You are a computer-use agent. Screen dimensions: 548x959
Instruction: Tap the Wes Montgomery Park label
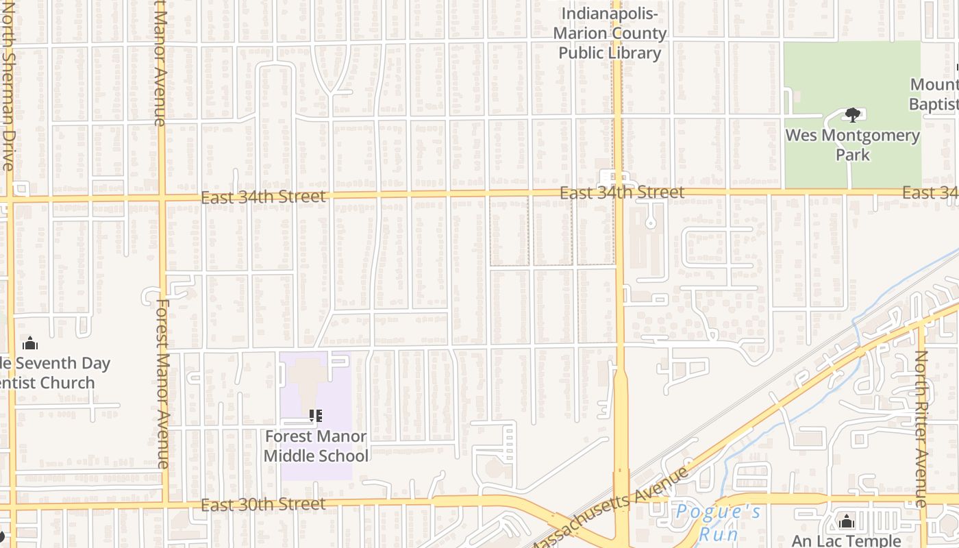(852, 145)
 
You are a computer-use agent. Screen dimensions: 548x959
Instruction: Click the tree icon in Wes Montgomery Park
(852, 114)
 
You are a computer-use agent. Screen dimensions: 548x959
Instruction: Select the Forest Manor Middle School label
(316, 446)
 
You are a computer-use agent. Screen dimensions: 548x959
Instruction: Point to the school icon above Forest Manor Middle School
(315, 415)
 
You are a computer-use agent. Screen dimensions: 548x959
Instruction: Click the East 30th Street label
(264, 504)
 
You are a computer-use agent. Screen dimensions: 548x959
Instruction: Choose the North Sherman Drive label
(8, 86)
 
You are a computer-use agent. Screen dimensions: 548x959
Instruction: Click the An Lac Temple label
(846, 540)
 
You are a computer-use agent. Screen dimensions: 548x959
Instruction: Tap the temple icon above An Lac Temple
(847, 522)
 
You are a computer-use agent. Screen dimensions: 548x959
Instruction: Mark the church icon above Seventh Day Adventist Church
(29, 343)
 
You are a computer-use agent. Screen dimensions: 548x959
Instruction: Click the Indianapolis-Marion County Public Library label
(610, 34)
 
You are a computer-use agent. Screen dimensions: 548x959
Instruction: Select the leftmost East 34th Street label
(264, 197)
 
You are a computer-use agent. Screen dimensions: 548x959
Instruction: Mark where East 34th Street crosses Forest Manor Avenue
(162, 199)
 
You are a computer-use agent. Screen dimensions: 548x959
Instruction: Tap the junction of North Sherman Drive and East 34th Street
(10, 200)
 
